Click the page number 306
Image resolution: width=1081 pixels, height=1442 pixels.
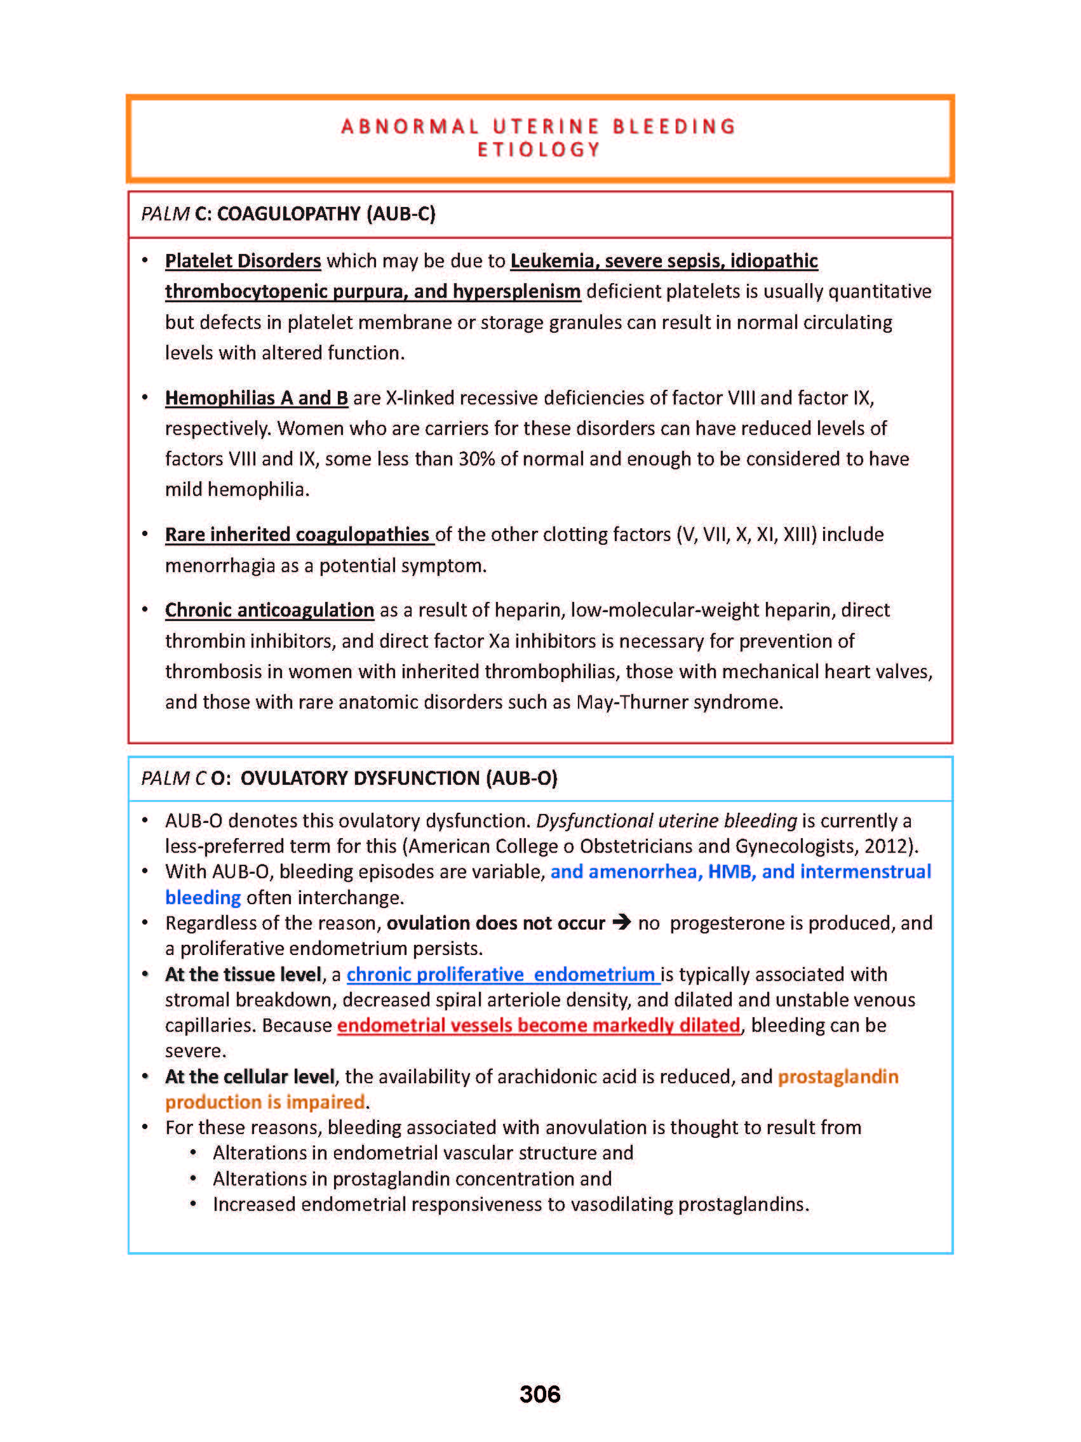tap(539, 1394)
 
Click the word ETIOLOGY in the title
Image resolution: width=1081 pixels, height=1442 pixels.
tap(539, 150)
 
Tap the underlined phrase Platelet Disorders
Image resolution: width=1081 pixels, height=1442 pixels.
tap(243, 261)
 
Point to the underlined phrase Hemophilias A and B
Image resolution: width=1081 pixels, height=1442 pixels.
tap(256, 397)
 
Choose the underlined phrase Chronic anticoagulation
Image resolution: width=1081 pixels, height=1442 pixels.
tap(269, 610)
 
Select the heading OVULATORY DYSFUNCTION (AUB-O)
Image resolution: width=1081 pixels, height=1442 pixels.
tap(398, 778)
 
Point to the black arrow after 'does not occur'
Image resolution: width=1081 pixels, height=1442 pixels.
tap(621, 923)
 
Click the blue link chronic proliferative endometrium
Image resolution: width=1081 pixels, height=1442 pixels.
tap(500, 975)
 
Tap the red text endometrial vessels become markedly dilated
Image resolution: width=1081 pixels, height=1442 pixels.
tap(539, 1025)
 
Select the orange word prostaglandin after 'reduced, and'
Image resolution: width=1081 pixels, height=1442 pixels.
tap(838, 1076)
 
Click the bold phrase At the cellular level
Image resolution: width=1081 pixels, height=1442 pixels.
tap(250, 1076)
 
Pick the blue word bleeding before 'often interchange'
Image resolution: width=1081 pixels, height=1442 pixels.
tap(203, 898)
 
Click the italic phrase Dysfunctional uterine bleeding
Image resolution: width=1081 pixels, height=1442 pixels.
tap(666, 821)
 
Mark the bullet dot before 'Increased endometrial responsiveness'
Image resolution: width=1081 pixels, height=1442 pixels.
tap(193, 1204)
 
